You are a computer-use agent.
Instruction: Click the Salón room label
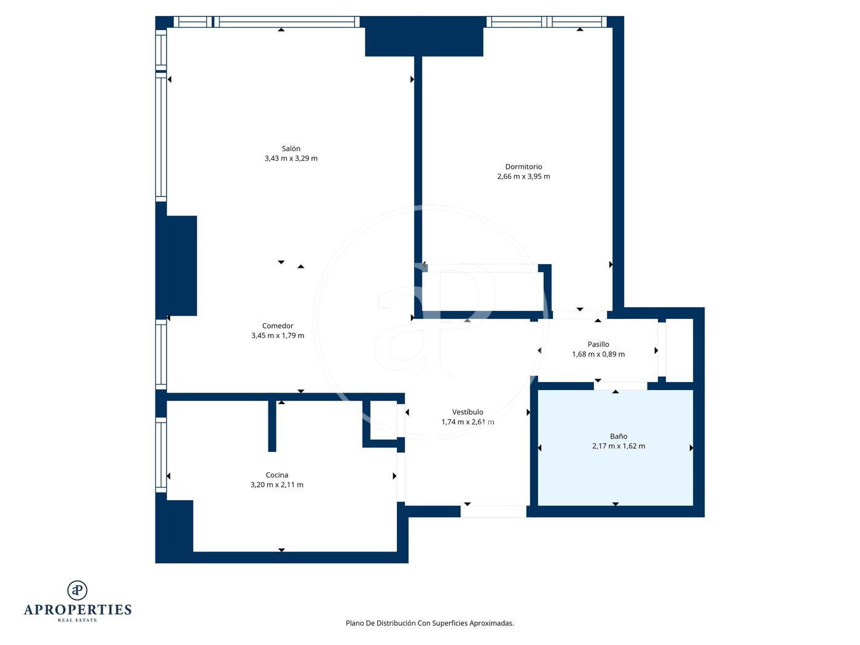coord(291,149)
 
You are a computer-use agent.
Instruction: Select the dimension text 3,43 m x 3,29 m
coord(291,158)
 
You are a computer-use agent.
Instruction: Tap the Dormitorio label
coord(523,166)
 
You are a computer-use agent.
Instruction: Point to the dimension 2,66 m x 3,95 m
coord(523,176)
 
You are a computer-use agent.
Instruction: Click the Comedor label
coord(278,326)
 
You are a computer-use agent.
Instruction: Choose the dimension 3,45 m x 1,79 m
coord(278,335)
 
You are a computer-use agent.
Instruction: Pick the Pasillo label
coord(598,344)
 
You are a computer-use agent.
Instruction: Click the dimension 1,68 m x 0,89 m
coord(598,354)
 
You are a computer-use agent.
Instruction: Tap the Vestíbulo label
coord(467,412)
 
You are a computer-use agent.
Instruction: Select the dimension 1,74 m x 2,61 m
coord(467,422)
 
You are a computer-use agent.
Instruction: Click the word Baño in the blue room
coord(618,436)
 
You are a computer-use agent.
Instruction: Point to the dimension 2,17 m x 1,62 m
coord(618,446)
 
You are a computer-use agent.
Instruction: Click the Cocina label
coord(276,475)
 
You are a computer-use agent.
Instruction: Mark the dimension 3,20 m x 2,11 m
coord(276,485)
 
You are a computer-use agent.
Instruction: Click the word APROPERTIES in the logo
coord(77,610)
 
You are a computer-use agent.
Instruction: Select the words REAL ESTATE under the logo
coord(77,620)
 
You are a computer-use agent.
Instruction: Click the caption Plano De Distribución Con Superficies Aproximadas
coord(429,623)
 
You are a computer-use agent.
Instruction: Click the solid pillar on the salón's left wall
coord(176,265)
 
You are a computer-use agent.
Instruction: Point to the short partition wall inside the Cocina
coord(272,426)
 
